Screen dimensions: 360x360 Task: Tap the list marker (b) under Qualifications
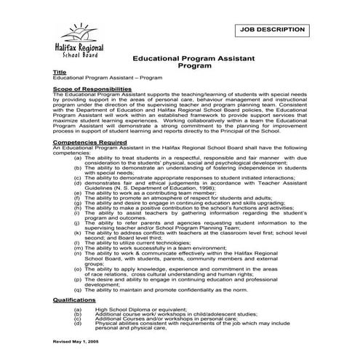[77, 313]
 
